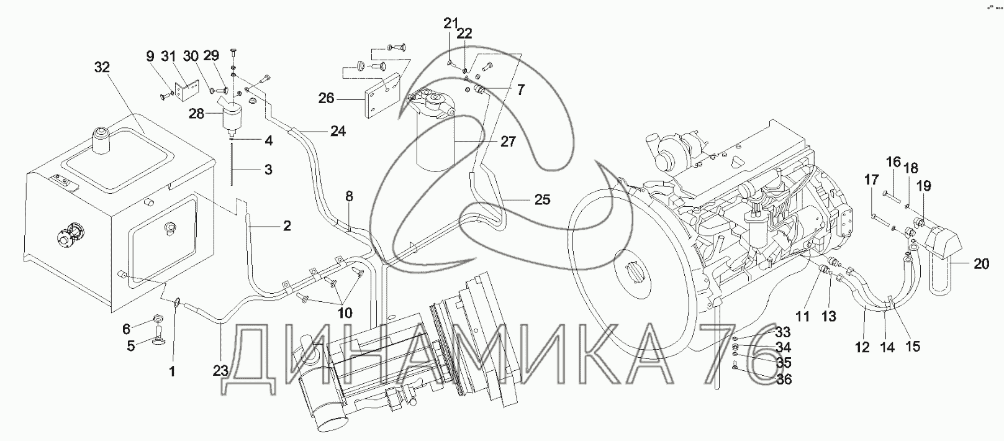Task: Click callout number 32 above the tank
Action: click(102, 68)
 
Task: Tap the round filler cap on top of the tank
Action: click(101, 139)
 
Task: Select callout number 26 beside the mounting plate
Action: click(327, 98)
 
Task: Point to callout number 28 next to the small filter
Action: click(196, 114)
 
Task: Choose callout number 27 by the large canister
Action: click(508, 142)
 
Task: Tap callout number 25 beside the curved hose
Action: click(542, 199)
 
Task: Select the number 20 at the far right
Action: click(981, 264)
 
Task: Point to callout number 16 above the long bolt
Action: click(893, 161)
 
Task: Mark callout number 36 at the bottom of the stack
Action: click(784, 380)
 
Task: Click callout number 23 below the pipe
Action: click(220, 371)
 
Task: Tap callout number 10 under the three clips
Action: click(345, 312)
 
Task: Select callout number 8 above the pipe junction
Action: click(349, 196)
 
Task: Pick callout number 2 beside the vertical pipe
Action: click(287, 225)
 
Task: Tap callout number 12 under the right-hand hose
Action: click(862, 347)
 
